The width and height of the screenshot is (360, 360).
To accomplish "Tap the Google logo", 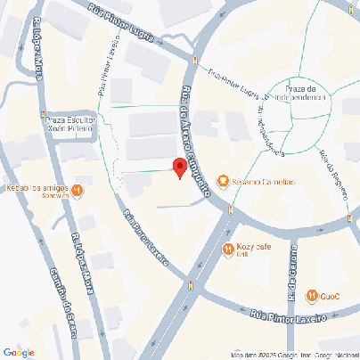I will point(19,352).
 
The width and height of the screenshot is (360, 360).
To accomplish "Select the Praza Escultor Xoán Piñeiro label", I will point(72,124).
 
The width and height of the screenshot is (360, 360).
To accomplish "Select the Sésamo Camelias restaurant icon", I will point(223,182).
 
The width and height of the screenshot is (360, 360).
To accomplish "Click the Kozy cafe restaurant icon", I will point(228,250).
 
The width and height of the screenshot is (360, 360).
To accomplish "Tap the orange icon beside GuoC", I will point(312,296).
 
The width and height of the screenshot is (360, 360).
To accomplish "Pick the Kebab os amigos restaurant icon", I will point(78,189).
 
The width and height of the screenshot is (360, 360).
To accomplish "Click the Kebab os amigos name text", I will point(39,186).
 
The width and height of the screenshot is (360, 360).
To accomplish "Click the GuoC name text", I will point(331,296).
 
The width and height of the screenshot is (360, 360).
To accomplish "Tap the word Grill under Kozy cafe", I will point(242,255).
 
